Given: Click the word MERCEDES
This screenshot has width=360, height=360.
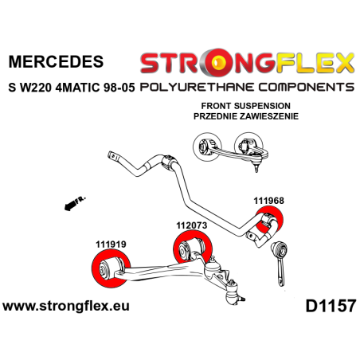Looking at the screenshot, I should click(55, 61).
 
